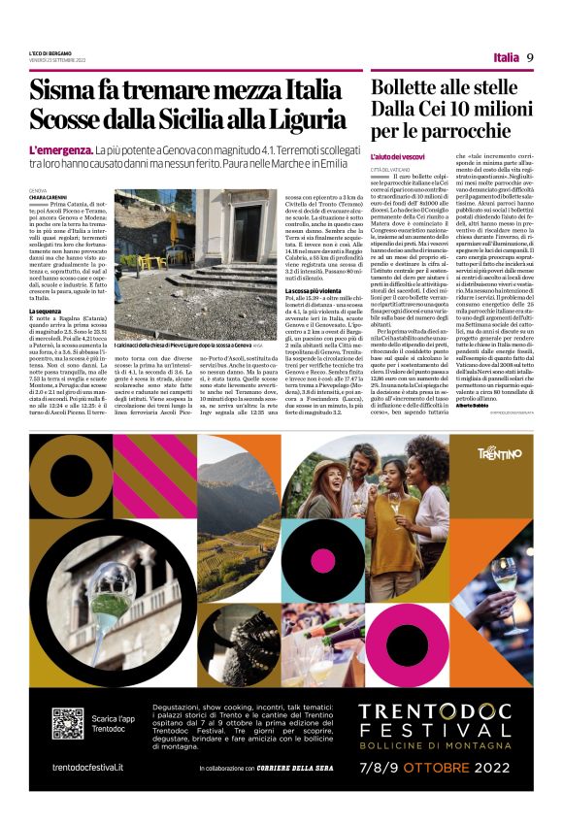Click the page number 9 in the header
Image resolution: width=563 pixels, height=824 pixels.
531,57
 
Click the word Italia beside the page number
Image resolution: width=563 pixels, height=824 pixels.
506,57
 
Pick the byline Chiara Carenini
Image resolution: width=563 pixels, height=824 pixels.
50,197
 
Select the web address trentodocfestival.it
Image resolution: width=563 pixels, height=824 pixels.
87,766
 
